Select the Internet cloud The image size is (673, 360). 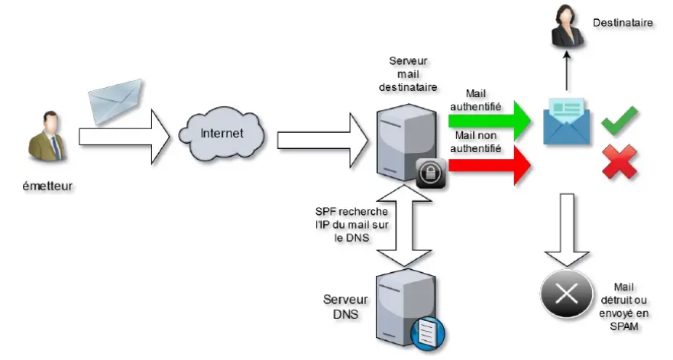click(x=222, y=134)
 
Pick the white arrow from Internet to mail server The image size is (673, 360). click(x=321, y=139)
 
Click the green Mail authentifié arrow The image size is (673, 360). click(x=489, y=120)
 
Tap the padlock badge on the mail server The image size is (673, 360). click(x=430, y=173)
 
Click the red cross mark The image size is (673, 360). click(x=620, y=161)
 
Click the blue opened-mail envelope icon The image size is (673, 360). click(x=566, y=122)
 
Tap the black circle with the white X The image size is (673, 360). click(x=567, y=293)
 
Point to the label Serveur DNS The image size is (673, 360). click(x=345, y=306)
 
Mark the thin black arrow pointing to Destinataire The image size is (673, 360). click(x=566, y=73)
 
